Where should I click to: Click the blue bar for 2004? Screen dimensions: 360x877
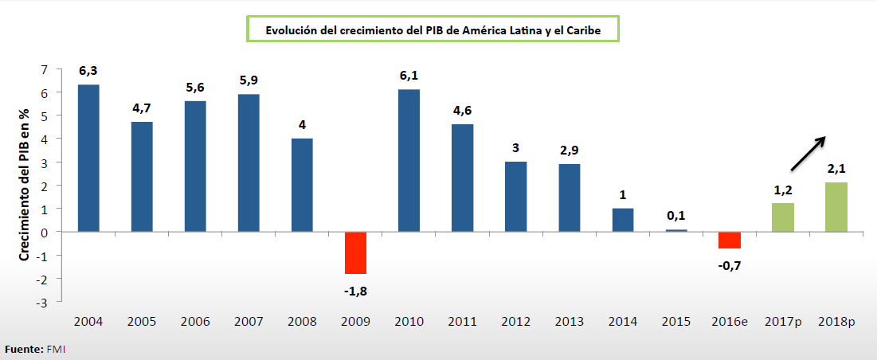88,158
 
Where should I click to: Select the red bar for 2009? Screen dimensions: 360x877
355,252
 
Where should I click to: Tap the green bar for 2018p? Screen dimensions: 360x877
836,207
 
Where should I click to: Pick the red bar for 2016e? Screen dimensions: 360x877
730,240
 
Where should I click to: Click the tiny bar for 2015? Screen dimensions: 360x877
676,230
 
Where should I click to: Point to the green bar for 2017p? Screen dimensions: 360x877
783,217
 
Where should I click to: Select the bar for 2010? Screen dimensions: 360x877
409,160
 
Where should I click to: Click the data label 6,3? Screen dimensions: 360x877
88,72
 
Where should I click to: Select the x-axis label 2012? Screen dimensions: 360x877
515,322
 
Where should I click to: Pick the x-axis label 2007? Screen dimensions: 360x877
249,322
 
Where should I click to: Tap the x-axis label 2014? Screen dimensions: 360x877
622,322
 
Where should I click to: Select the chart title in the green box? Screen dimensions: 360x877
433,29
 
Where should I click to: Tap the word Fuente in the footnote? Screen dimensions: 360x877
22,350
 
